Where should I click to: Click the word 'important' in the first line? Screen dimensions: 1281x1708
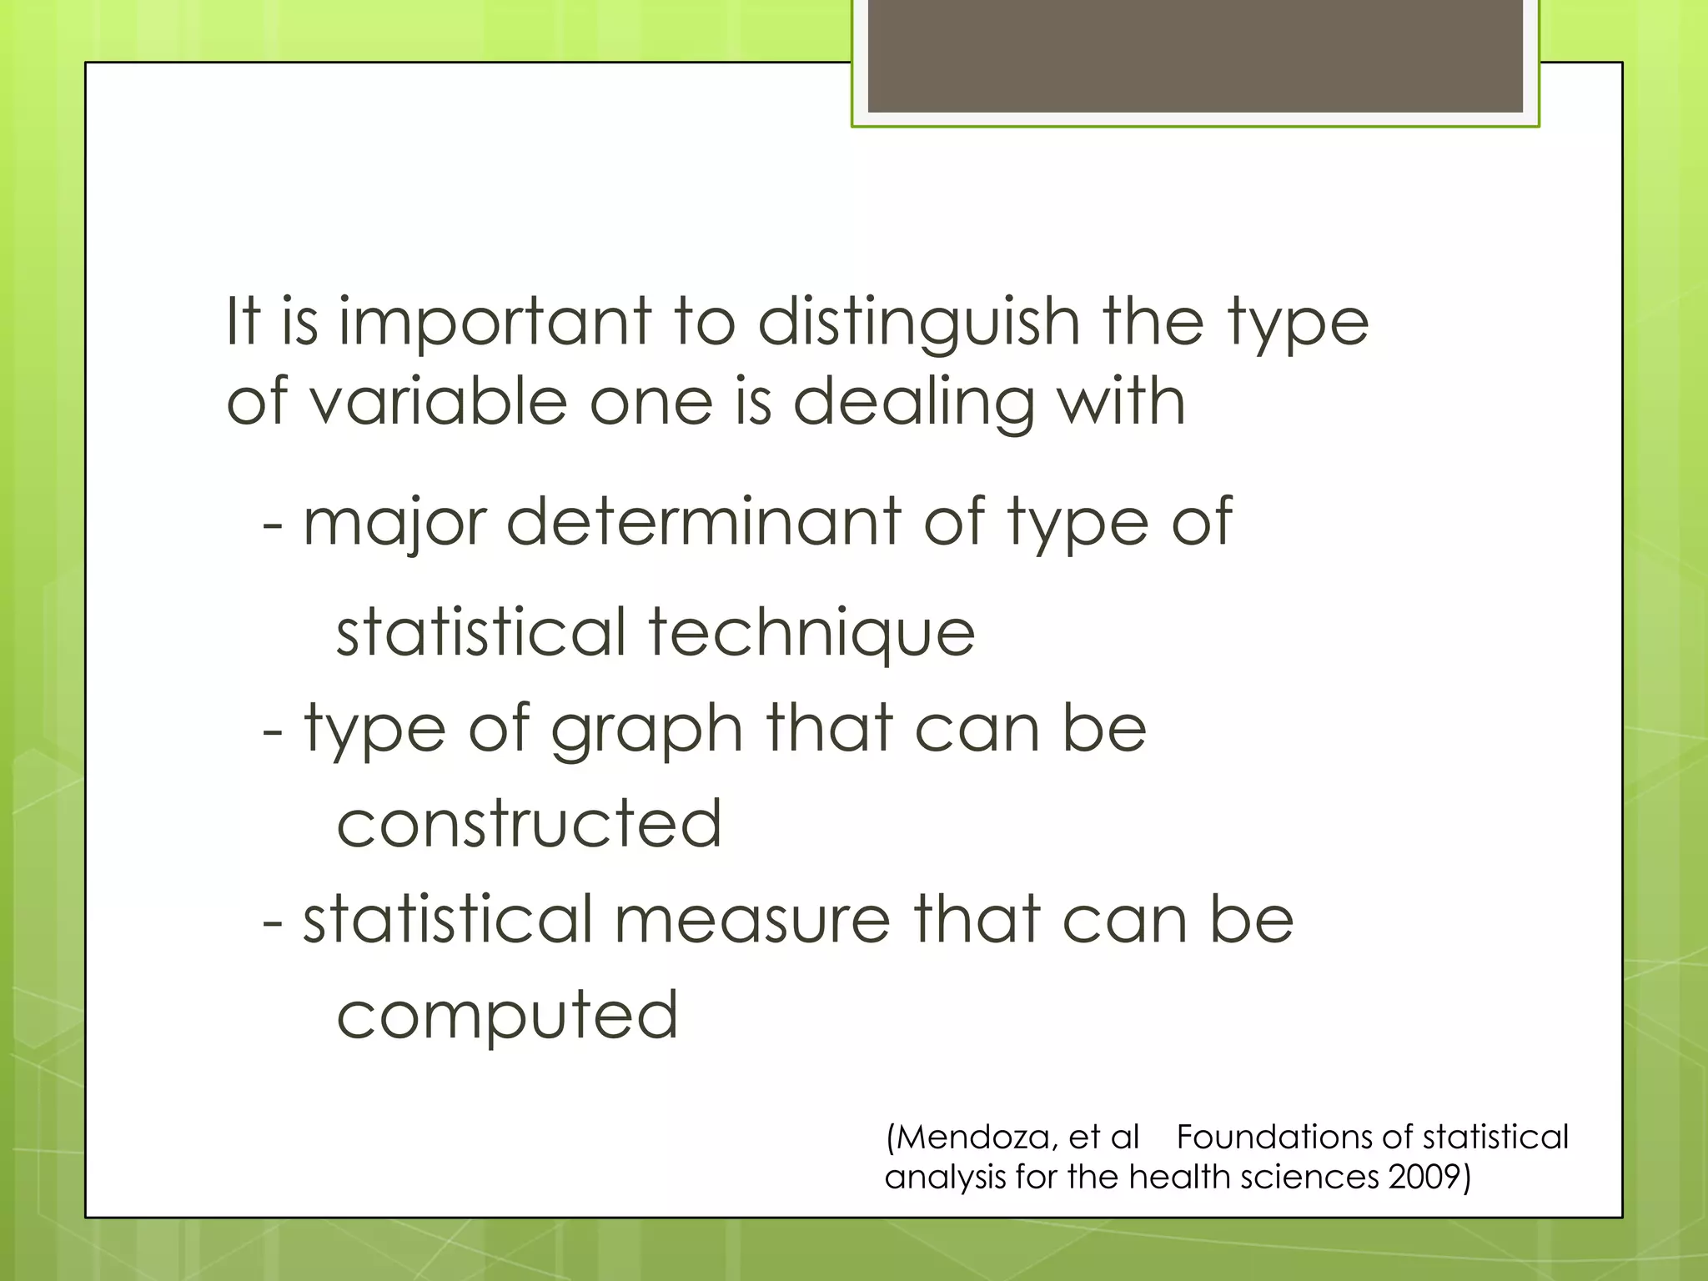tap(495, 323)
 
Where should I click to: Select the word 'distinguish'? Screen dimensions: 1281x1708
tap(919, 323)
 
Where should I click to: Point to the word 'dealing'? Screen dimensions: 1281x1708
tap(914, 402)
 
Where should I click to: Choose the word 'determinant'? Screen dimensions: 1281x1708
tap(704, 521)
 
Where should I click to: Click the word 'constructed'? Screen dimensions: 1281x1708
tap(529, 824)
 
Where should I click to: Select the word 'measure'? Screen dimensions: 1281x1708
tap(752, 919)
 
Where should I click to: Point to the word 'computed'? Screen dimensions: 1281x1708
tap(507, 1016)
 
